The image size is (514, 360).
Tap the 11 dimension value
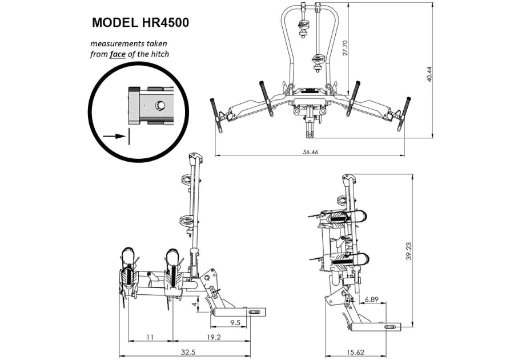click(x=150, y=337)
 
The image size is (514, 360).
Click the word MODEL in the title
click(x=112, y=23)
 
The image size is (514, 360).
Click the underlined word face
click(x=118, y=55)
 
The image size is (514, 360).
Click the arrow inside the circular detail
click(x=115, y=136)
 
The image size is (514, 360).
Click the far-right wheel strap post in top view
click(x=407, y=107)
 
